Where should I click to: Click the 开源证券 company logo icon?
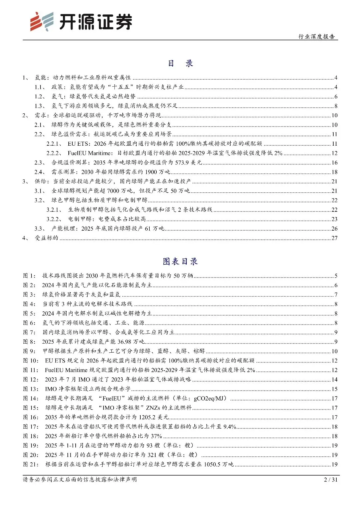(42, 22)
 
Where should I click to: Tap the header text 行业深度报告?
(316, 36)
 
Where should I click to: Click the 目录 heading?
(180, 63)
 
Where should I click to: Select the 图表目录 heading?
(180, 261)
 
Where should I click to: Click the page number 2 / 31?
(331, 479)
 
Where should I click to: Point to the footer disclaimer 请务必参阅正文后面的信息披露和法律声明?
(80, 479)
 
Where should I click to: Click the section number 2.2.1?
(54, 144)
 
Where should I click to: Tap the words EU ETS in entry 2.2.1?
(79, 144)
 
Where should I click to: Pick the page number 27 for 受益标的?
(334, 238)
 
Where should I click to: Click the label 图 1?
(29, 276)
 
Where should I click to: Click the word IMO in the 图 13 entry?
(51, 389)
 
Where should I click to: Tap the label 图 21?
(31, 464)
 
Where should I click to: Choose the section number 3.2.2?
(54, 219)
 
